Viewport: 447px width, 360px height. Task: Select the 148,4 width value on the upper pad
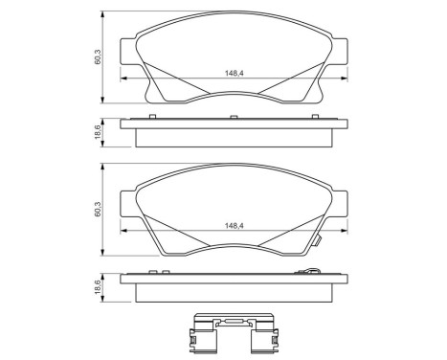(x=234, y=71)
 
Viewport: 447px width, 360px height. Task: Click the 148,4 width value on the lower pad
(x=234, y=226)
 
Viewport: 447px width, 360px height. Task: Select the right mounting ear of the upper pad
(x=339, y=57)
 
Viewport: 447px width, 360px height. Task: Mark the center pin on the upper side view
(x=234, y=118)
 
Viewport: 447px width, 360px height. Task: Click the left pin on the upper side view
(x=154, y=118)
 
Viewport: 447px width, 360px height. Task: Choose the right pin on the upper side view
(x=314, y=118)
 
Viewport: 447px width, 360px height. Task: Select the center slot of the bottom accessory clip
(x=233, y=324)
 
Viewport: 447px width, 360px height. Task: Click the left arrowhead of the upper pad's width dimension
(x=123, y=77)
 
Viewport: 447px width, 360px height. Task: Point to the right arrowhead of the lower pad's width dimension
(x=343, y=232)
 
